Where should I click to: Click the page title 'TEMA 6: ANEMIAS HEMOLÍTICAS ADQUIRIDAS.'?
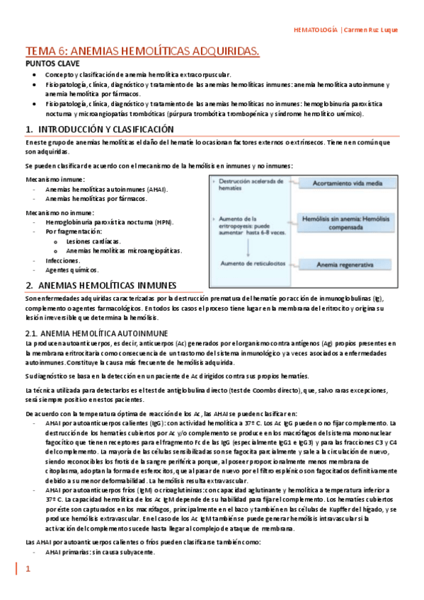pos(142,51)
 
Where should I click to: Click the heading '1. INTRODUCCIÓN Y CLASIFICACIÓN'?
pos(109,129)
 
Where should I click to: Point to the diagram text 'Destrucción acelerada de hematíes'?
pos(249,184)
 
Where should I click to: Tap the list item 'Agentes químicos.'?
pos(72,270)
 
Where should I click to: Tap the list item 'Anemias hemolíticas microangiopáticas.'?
pos(123,250)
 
